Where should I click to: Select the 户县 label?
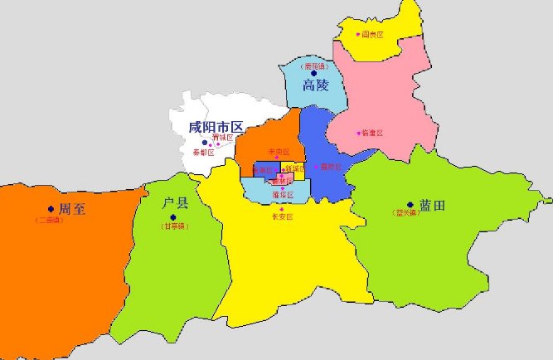click(x=177, y=203)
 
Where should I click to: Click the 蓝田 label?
click(x=432, y=205)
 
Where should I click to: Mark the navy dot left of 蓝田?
click(x=410, y=204)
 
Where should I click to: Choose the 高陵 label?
click(x=316, y=86)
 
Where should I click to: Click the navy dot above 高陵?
click(x=314, y=73)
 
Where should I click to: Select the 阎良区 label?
click(x=373, y=35)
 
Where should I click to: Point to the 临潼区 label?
click(x=374, y=133)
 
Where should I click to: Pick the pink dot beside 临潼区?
click(x=359, y=133)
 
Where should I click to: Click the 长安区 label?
click(x=283, y=217)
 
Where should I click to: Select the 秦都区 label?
click(x=203, y=153)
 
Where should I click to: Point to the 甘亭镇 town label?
click(x=174, y=226)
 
